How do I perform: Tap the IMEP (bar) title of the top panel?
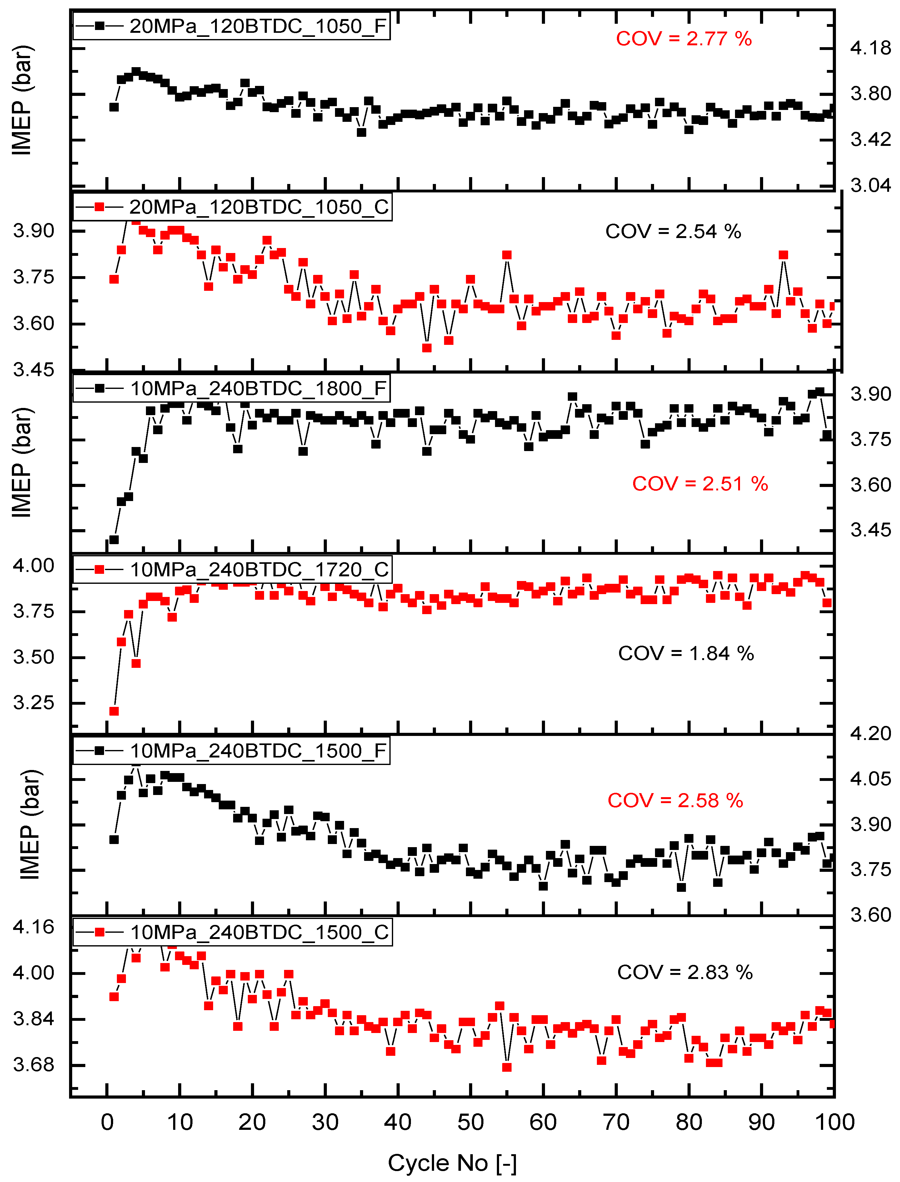(22, 100)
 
